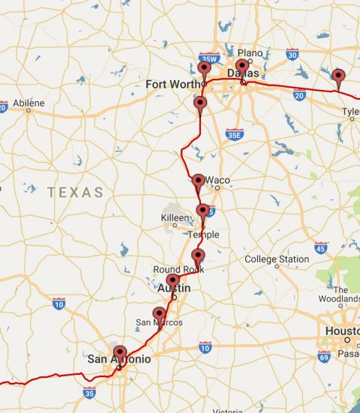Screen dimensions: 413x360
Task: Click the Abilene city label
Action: [28, 103]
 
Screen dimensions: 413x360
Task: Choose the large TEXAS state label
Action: [75, 193]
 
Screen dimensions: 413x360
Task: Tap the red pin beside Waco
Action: [198, 181]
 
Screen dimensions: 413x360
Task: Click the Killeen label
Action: [175, 217]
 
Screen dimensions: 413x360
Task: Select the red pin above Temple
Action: [202, 211]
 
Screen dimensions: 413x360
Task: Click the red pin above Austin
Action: [172, 281]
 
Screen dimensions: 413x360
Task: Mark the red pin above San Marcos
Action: [158, 313]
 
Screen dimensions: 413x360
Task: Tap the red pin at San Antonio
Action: [118, 352]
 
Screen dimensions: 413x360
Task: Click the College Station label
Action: [277, 259]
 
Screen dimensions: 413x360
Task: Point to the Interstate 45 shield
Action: [320, 247]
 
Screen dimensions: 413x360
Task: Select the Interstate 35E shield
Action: [233, 134]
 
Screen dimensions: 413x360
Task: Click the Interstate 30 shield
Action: [292, 54]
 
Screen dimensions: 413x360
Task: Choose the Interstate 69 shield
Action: [323, 358]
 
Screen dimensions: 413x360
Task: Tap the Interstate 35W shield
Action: [208, 58]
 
